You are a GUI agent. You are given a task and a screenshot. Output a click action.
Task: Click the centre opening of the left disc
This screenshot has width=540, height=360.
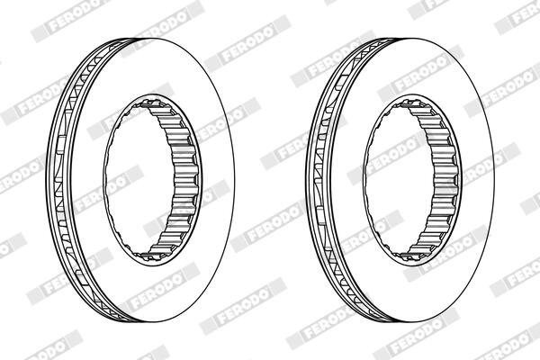coord(138,179)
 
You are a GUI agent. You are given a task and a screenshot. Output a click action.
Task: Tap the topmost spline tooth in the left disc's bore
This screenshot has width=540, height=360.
coord(152,103)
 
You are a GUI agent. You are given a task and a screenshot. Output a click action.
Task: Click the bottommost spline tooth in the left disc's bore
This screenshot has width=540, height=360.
coord(151,256)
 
